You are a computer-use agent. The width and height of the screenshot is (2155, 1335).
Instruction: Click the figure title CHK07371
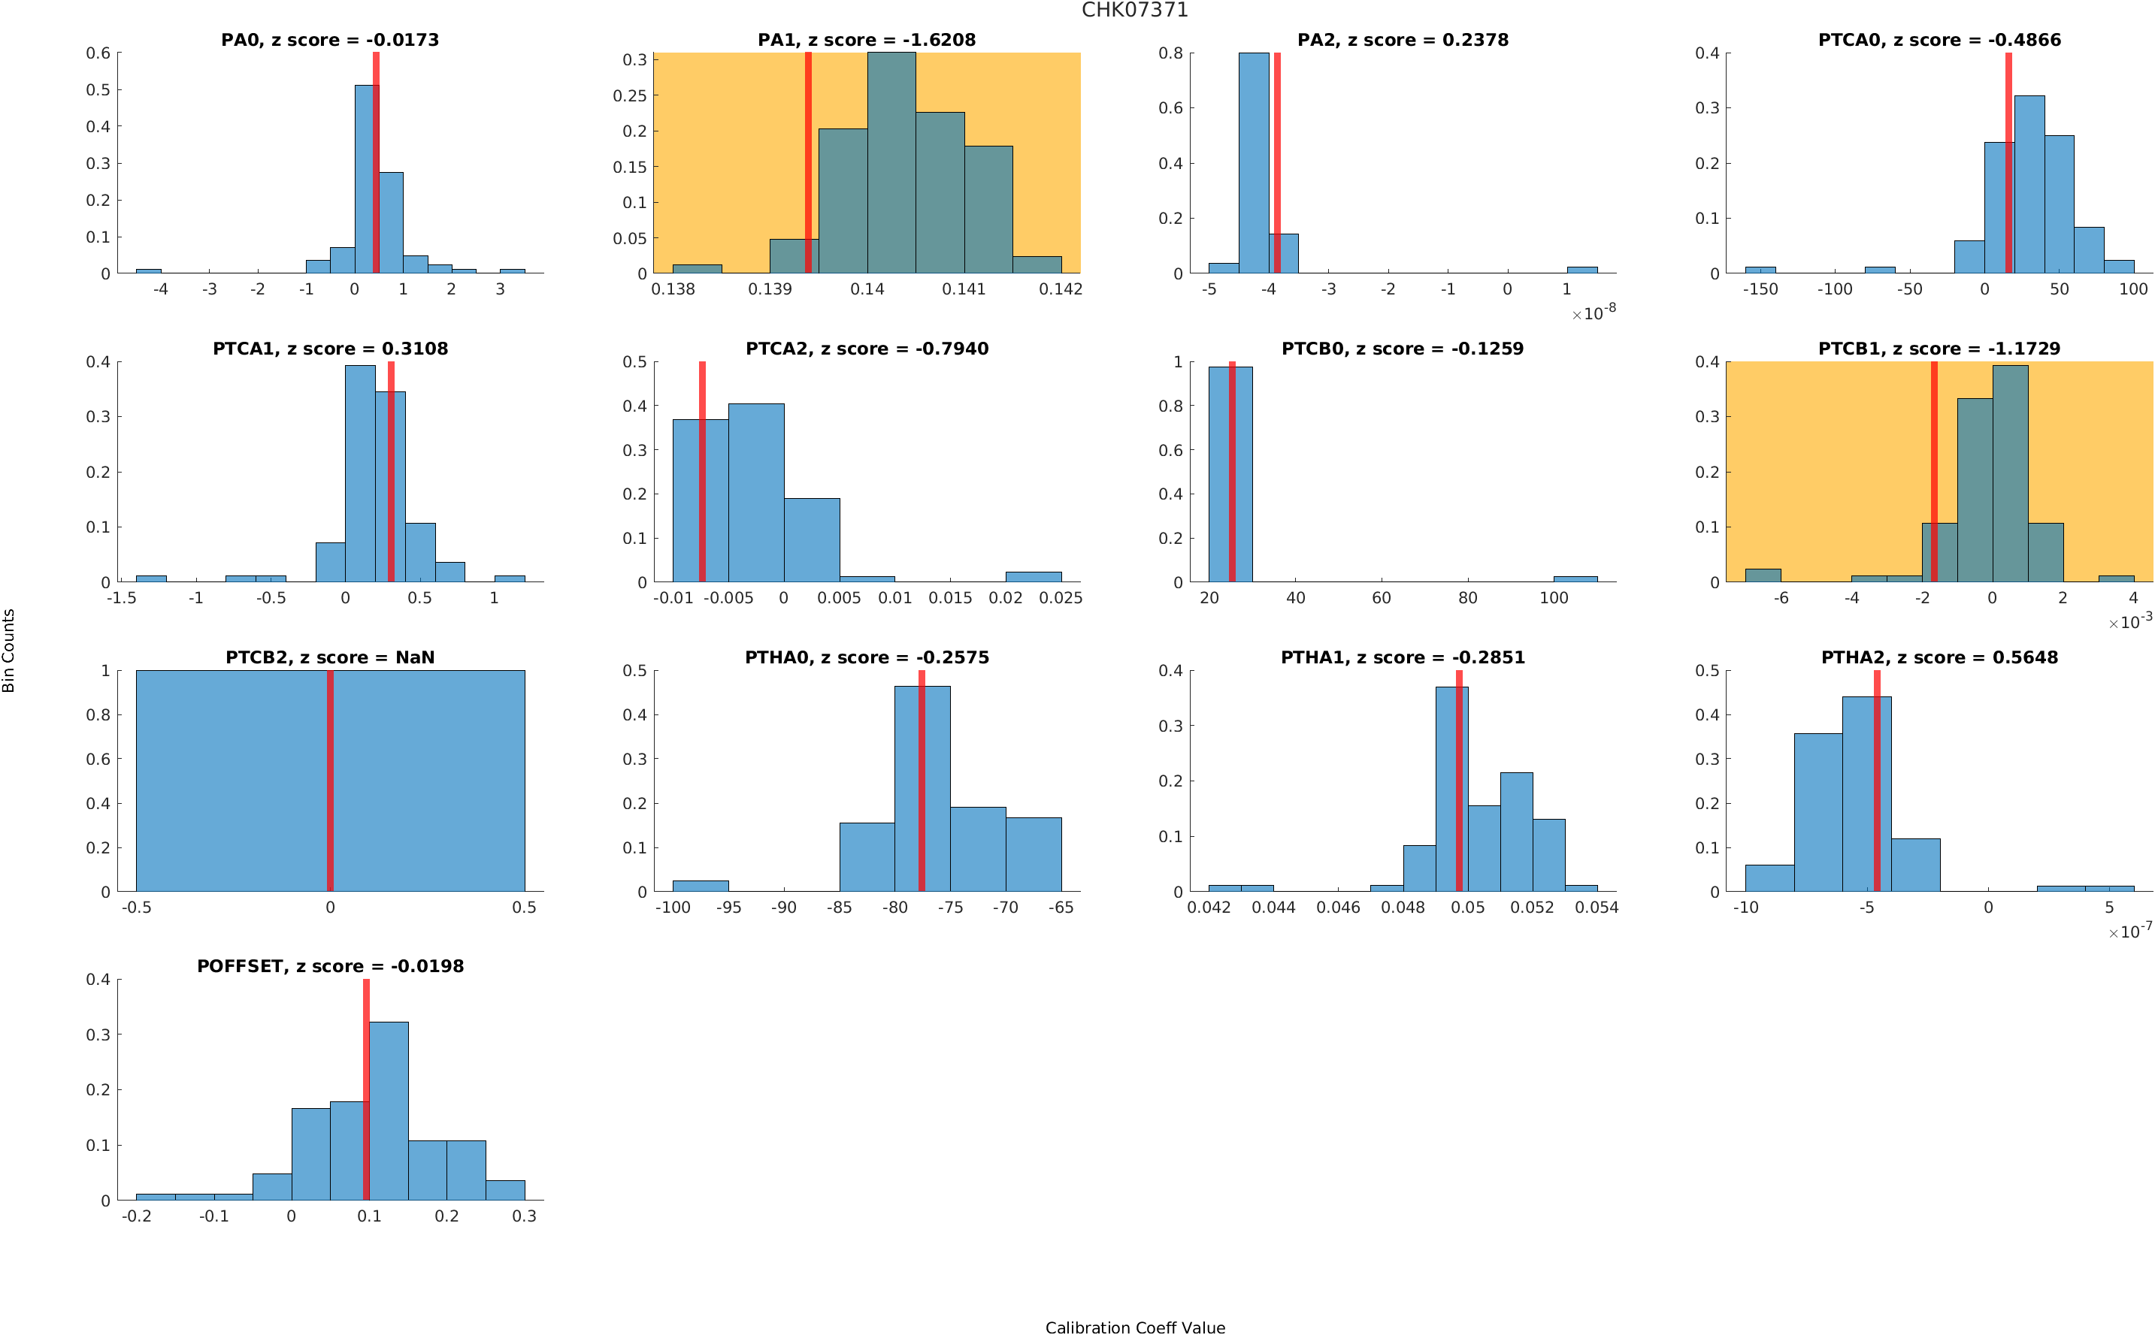tap(1134, 10)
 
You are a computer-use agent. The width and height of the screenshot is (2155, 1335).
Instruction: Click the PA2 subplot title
tap(1402, 40)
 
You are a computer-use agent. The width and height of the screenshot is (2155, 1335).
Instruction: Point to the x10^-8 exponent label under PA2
tap(1594, 313)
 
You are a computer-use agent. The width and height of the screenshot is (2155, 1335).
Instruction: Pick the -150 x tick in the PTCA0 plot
tap(1760, 289)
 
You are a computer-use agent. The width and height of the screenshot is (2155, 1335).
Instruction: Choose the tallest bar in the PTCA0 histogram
tap(2029, 185)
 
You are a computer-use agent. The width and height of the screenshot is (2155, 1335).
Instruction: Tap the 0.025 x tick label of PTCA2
tap(1060, 599)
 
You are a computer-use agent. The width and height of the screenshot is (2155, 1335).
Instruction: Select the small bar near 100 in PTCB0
tap(1575, 578)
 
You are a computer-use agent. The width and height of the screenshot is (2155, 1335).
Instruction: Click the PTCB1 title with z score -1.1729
tap(1939, 349)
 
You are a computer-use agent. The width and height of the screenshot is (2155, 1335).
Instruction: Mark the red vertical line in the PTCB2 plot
tap(329, 781)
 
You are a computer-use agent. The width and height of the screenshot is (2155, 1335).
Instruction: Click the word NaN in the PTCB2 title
tap(415, 658)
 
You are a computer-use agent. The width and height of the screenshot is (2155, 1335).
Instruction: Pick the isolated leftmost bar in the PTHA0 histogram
tap(701, 886)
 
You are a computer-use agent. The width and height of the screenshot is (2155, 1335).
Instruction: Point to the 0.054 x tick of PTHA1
tap(1596, 908)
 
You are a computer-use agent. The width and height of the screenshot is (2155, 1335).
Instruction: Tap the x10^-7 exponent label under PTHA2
tap(2129, 931)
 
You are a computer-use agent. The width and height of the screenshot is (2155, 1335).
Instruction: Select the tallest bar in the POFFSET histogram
tap(389, 1110)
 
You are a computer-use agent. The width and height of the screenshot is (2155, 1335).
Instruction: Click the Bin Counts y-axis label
tap(9, 650)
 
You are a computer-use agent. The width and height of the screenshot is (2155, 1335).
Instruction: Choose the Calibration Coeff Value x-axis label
tap(1134, 1326)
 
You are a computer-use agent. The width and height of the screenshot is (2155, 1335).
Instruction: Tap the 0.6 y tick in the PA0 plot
tap(98, 53)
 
